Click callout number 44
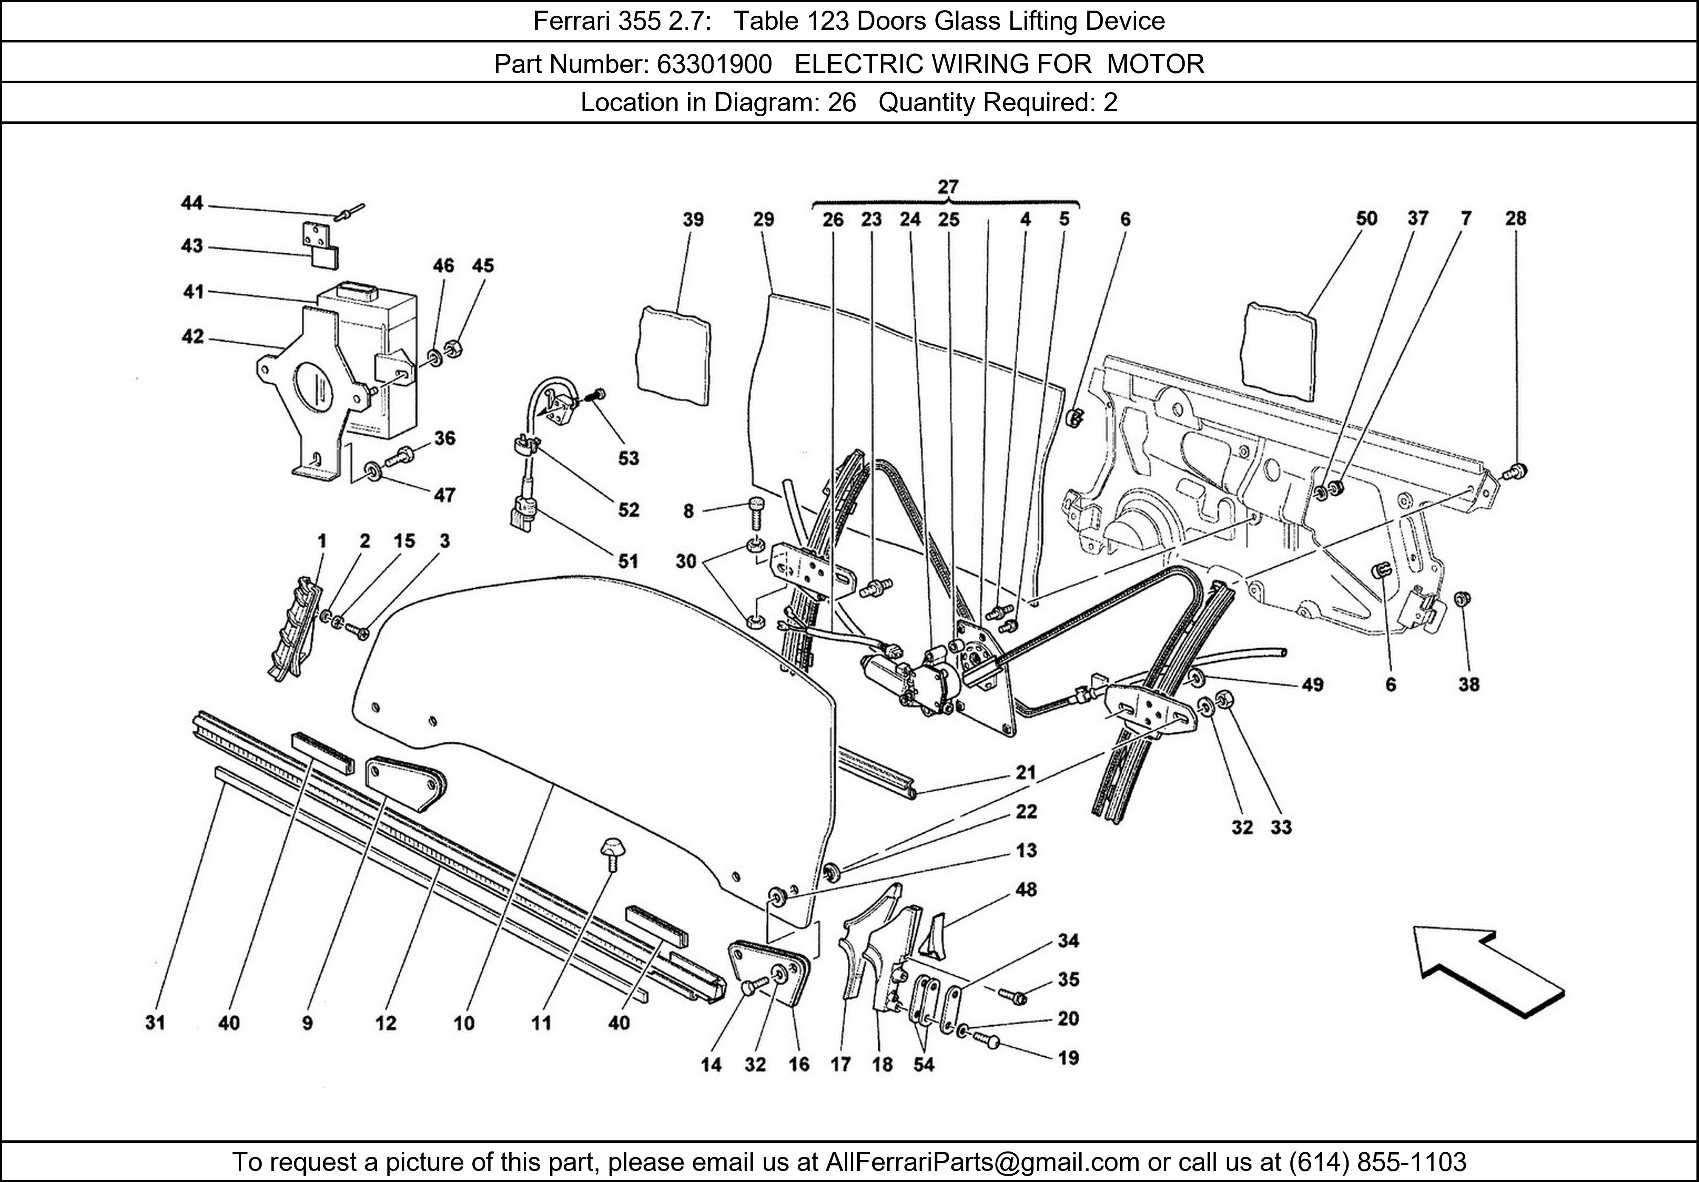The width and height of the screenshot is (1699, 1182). (192, 203)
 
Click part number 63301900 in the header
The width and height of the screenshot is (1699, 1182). (714, 65)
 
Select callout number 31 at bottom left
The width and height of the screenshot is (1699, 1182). (155, 1022)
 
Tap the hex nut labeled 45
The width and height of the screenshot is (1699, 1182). (455, 348)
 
